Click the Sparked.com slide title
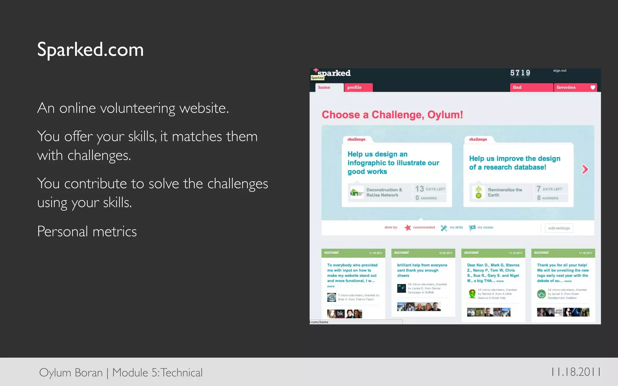[90, 50]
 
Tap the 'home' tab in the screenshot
[324, 87]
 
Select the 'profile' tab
[354, 87]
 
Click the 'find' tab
[517, 87]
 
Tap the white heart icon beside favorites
[593, 87]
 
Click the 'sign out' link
[560, 71]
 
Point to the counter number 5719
[520, 73]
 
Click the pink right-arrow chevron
[585, 169]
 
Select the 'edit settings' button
[559, 228]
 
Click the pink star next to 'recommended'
[408, 228]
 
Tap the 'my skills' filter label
[456, 227]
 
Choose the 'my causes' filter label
[485, 227]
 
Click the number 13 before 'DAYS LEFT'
[419, 189]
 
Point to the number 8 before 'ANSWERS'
[539, 198]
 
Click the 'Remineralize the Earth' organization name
[505, 192]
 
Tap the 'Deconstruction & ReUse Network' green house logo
[356, 192]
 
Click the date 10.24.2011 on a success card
[445, 253]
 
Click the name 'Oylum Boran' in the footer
[71, 373]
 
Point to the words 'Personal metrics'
[87, 232]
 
